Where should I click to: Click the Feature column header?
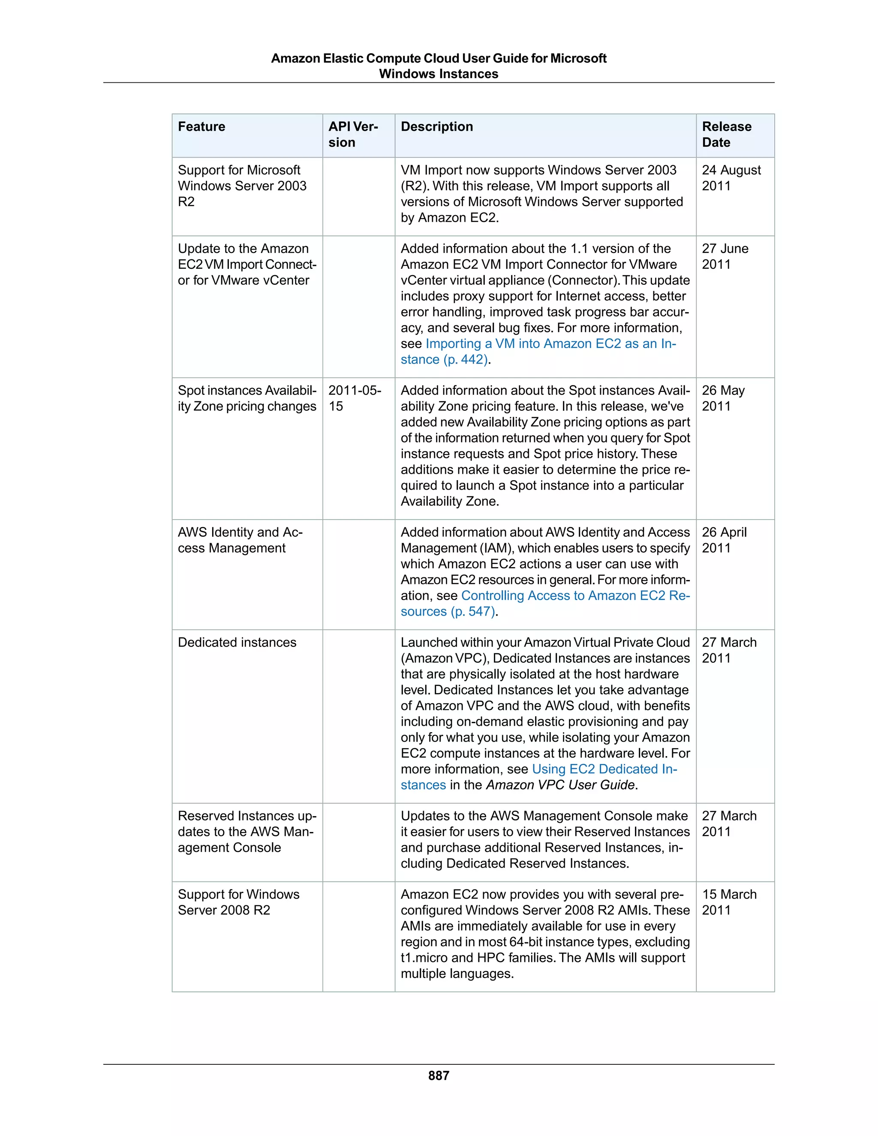tap(201, 127)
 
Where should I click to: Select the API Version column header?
tap(353, 135)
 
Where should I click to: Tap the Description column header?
tap(436, 127)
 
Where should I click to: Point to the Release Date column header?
tap(726, 135)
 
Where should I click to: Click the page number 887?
tap(439, 1076)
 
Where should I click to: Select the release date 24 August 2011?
tap(731, 178)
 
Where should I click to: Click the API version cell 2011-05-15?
tap(354, 398)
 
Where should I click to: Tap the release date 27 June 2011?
tap(725, 256)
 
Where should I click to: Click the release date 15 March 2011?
tap(729, 902)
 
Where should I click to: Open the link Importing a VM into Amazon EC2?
tap(550, 344)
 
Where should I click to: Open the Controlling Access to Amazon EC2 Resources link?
tap(575, 595)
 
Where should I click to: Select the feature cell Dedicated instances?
tap(237, 643)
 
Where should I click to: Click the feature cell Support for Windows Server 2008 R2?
tap(238, 902)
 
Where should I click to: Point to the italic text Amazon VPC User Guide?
tap(560, 785)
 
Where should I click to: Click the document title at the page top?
tap(439, 66)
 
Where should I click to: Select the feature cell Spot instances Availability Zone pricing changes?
tap(247, 398)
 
